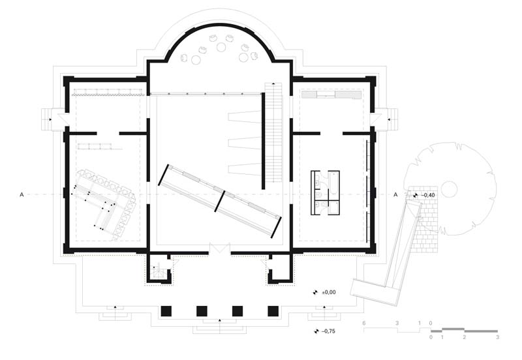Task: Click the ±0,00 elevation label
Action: pyautogui.click(x=329, y=292)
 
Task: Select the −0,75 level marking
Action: pyautogui.click(x=328, y=331)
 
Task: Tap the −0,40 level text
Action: pyautogui.click(x=428, y=195)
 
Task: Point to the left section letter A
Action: pyautogui.click(x=22, y=194)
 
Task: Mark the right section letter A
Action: pyautogui.click(x=395, y=194)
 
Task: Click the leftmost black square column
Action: pyautogui.click(x=166, y=311)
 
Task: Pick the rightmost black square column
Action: pyautogui.click(x=273, y=311)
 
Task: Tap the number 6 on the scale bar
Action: pyautogui.click(x=364, y=323)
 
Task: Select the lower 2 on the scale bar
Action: pyautogui.click(x=465, y=337)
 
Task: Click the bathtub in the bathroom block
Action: pyautogui.click(x=333, y=185)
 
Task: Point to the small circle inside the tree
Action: pyautogui.click(x=449, y=188)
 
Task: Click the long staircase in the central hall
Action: pyautogui.click(x=273, y=132)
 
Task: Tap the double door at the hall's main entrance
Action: pyautogui.click(x=220, y=249)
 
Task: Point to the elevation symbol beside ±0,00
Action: pyautogui.click(x=315, y=293)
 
